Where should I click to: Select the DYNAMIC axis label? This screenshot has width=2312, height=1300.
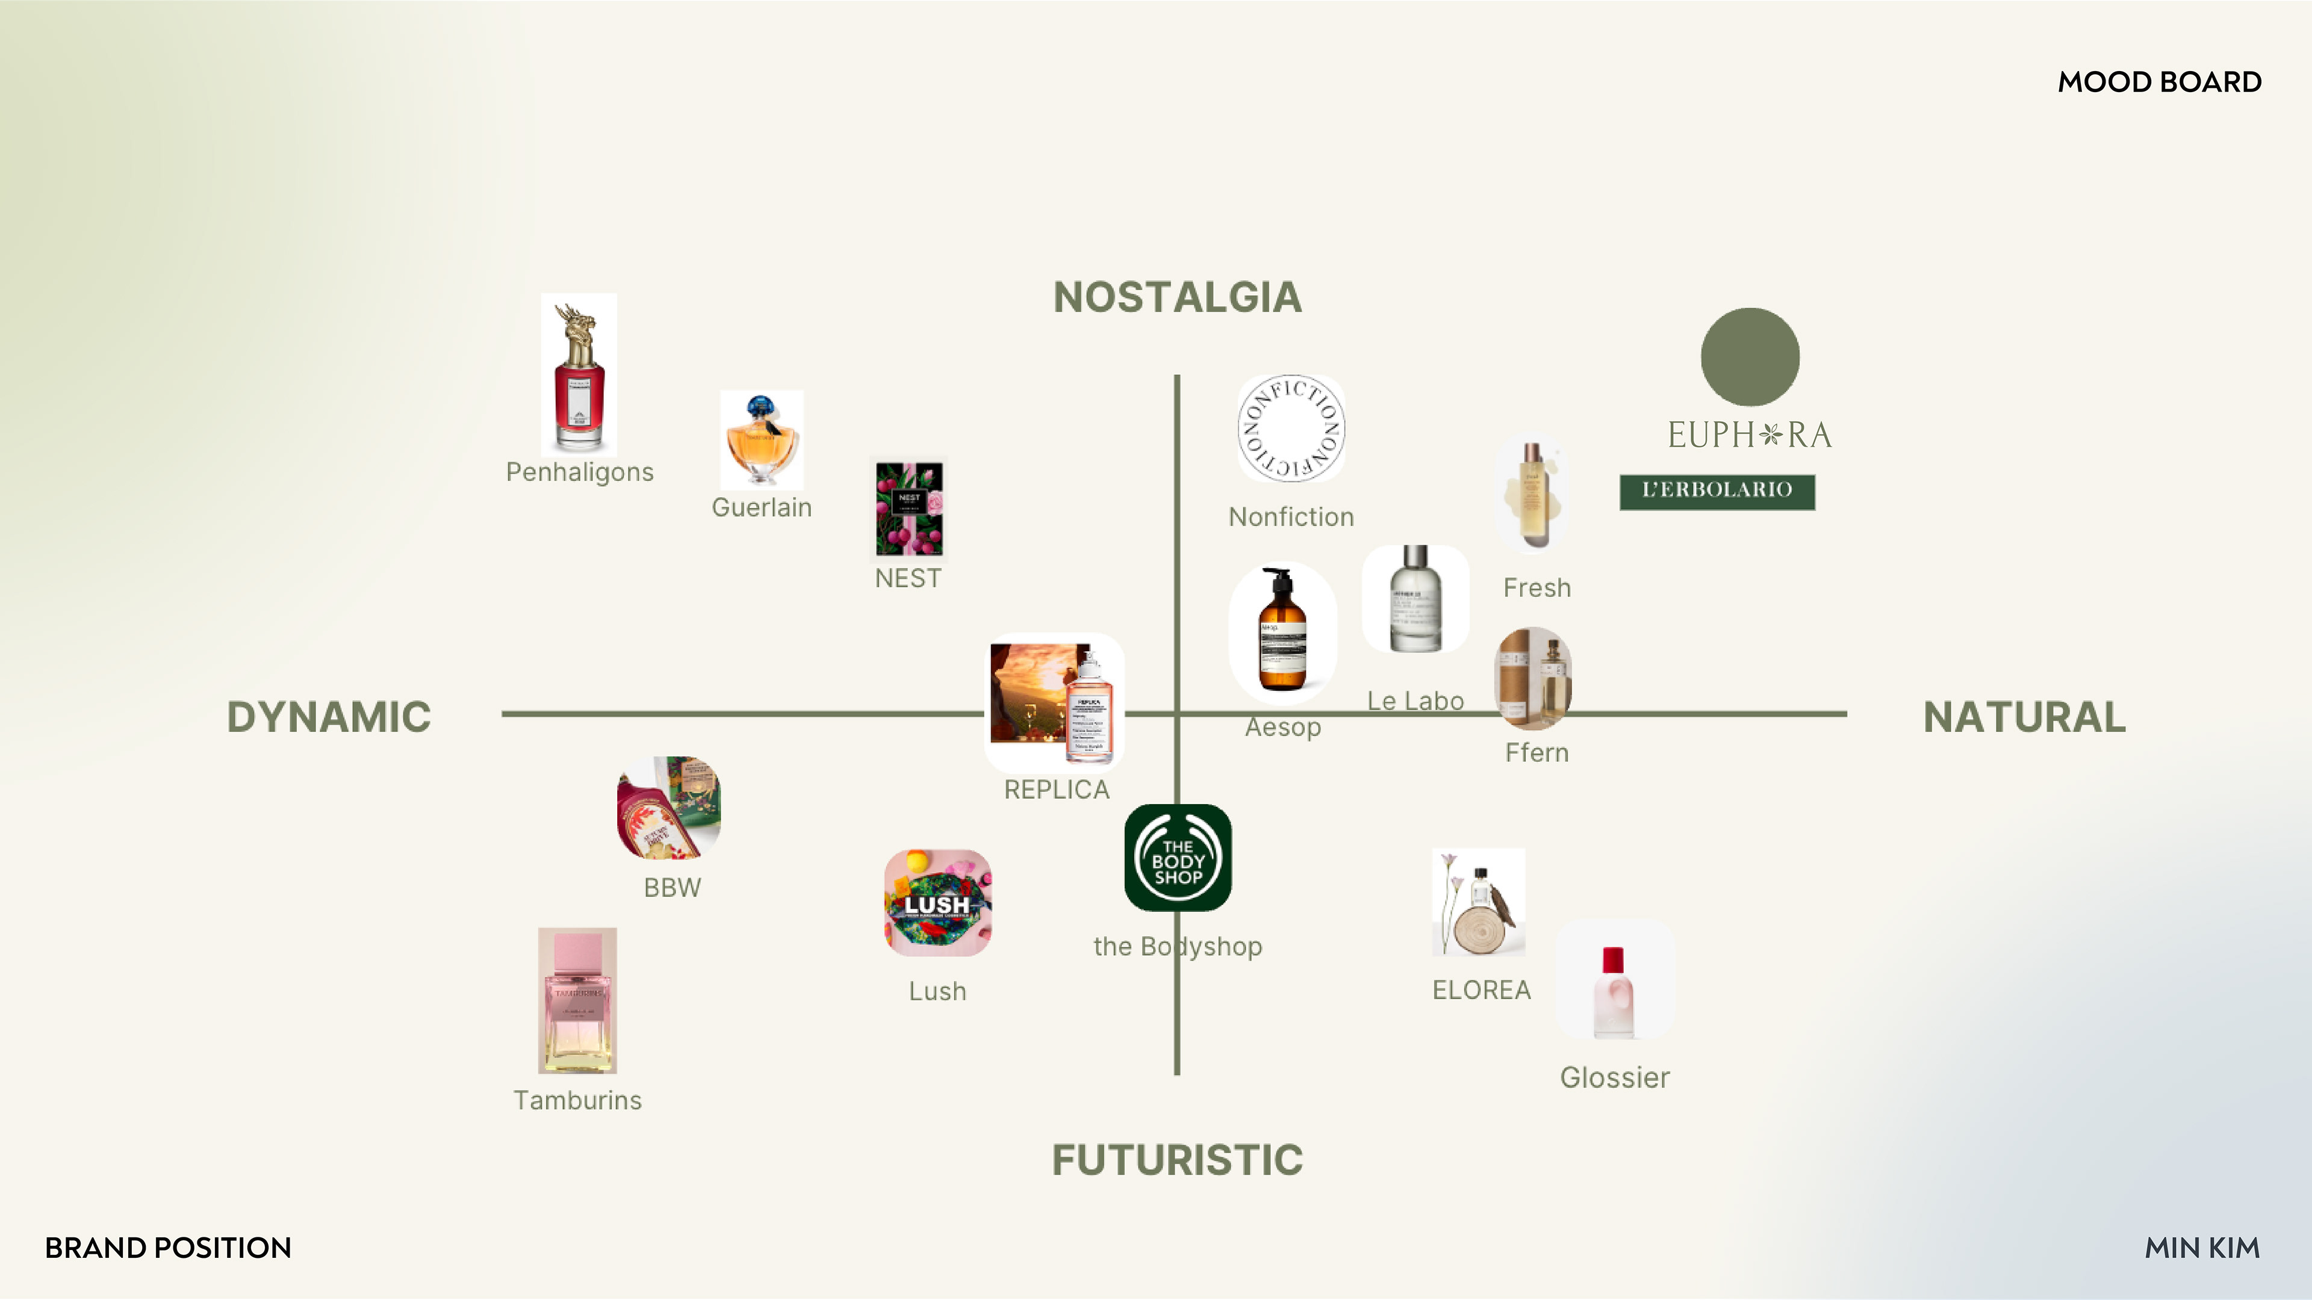(329, 717)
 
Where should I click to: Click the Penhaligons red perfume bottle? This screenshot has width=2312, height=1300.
(579, 374)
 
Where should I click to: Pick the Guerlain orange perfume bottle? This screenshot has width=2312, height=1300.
(761, 439)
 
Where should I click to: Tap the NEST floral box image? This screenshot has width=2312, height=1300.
(909, 509)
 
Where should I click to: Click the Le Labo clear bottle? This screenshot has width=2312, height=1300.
(1415, 598)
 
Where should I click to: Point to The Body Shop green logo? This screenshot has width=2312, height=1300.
(1178, 858)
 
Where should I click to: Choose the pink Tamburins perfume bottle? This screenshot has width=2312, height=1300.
(577, 1000)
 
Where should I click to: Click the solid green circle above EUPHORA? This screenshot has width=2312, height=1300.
(1749, 357)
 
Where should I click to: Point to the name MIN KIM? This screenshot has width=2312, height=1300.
(2202, 1247)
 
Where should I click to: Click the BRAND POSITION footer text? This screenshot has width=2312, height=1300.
(168, 1247)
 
